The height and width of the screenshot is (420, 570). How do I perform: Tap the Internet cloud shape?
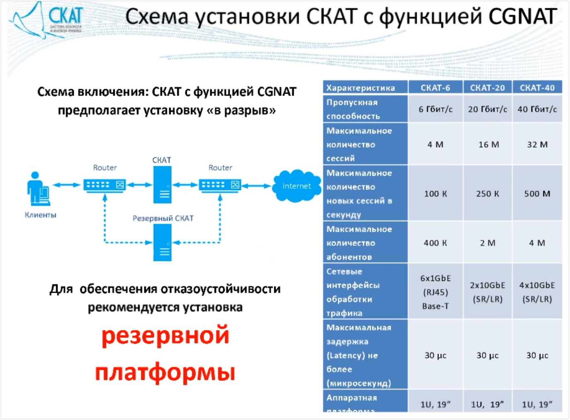click(296, 186)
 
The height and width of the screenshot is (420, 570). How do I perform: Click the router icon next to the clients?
click(104, 185)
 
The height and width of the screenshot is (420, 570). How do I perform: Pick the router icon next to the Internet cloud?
click(220, 185)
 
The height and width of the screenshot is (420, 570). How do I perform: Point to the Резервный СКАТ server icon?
click(162, 243)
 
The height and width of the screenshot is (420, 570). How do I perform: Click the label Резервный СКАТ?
click(163, 218)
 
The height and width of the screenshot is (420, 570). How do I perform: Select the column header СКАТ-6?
click(435, 87)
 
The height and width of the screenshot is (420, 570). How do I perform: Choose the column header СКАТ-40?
click(537, 87)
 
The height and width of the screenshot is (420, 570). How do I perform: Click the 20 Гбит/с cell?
click(488, 109)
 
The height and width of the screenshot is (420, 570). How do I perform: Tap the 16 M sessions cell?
click(489, 144)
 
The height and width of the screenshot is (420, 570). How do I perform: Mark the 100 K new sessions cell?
click(435, 194)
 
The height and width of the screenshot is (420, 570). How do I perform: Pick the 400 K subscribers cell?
click(435, 243)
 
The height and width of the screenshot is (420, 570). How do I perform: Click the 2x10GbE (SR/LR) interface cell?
click(488, 292)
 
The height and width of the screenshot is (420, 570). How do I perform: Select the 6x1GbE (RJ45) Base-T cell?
click(435, 292)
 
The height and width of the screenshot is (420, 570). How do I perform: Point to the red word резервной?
click(165, 335)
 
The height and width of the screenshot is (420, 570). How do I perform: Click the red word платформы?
click(165, 372)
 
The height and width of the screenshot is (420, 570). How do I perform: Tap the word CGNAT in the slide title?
click(523, 17)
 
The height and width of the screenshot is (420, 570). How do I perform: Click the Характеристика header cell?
click(360, 87)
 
